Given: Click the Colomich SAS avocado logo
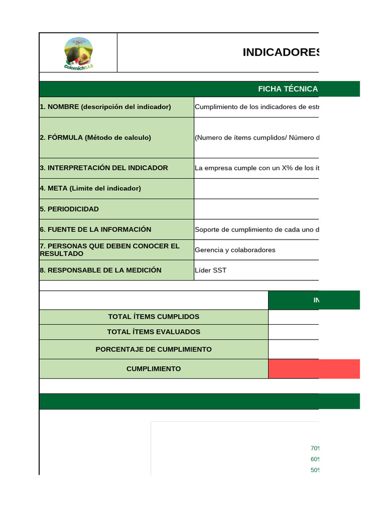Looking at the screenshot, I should pos(78,53).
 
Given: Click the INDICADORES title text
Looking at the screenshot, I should pos(281,53).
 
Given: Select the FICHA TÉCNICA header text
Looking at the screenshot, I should pos(287,89).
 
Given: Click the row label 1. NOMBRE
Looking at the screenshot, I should pos(105,107).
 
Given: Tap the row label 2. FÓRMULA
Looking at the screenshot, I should pos(95,138).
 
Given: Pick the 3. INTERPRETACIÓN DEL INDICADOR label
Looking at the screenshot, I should pos(104,168).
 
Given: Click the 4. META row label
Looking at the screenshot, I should pos(91,189).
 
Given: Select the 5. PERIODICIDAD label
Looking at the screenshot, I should pos(70,209).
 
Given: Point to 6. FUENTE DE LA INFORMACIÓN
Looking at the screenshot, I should pos(95,230).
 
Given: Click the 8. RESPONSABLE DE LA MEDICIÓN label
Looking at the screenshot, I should pos(100,270).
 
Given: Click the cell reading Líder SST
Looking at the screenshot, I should pos(210,270).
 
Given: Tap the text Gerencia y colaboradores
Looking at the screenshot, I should pos(235,250).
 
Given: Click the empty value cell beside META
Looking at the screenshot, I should pos(256,189).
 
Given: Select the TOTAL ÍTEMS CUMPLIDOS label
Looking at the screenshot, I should pos(154,317).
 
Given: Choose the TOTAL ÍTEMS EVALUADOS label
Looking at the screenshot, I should pos(154,332).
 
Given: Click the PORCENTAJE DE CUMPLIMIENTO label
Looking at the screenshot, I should pos(154,350).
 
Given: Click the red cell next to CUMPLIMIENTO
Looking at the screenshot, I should pos(313,369).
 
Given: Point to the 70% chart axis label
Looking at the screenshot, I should pos(314,448).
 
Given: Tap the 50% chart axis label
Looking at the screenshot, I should pos(314,470).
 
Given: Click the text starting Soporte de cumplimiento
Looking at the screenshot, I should pos(257,230).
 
